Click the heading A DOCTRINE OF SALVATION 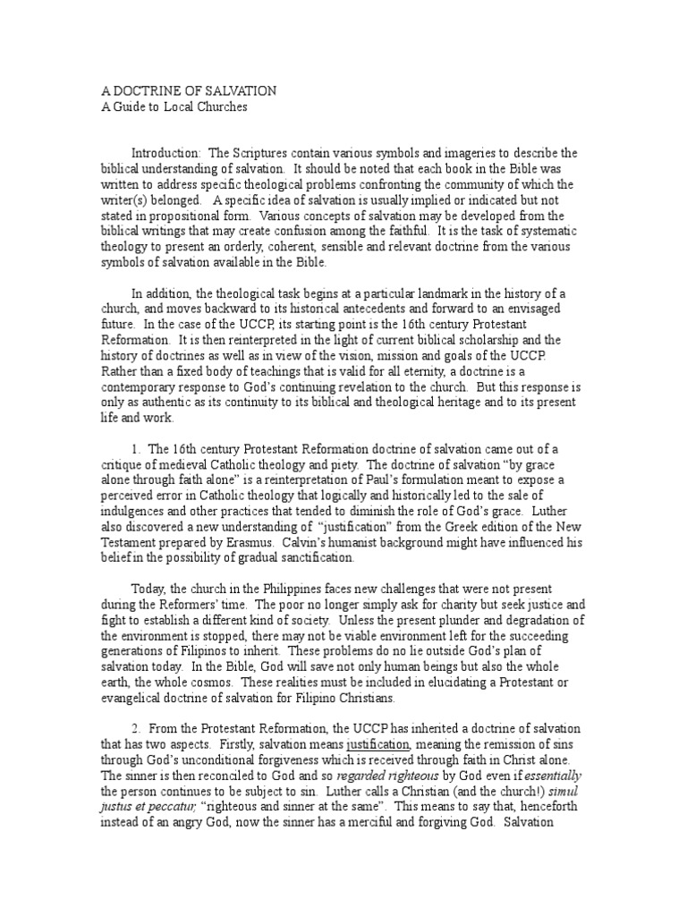(186, 92)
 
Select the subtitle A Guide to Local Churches (171, 107)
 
